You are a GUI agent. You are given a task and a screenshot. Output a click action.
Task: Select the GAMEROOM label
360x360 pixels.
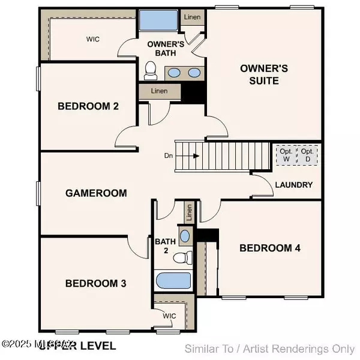[96, 193]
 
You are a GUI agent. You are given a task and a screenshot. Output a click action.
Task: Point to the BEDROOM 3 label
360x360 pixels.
[96, 283]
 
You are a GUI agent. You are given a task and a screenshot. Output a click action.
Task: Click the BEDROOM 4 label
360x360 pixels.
[270, 248]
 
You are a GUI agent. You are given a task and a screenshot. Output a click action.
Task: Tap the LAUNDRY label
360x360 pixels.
[293, 185]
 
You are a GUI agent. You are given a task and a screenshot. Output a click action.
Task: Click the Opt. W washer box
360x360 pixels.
[286, 155]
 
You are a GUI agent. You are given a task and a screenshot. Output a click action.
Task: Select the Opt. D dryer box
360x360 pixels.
[308, 155]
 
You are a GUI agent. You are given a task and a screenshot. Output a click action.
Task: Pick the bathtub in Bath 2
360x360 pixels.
[173, 280]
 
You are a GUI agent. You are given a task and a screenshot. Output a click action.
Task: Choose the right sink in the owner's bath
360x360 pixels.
[193, 73]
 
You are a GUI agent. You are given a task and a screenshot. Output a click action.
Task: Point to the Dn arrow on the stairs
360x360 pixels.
[196, 156]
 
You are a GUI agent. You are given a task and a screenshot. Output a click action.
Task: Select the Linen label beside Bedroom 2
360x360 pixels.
[159, 91]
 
